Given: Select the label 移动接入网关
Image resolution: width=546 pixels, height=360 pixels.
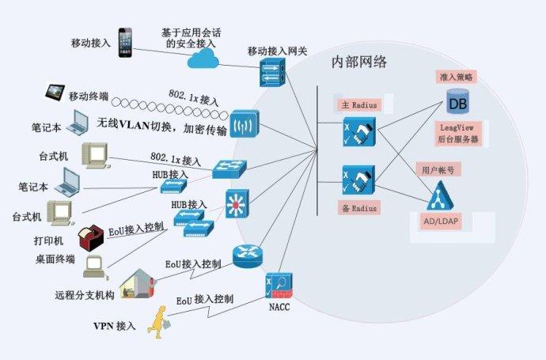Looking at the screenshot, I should click(278, 51).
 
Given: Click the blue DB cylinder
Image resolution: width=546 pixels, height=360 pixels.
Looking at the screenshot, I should click(457, 103).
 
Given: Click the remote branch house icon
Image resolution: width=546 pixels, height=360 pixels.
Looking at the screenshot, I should click(136, 285).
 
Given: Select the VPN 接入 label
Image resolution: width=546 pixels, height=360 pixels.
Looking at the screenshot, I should click(116, 326).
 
